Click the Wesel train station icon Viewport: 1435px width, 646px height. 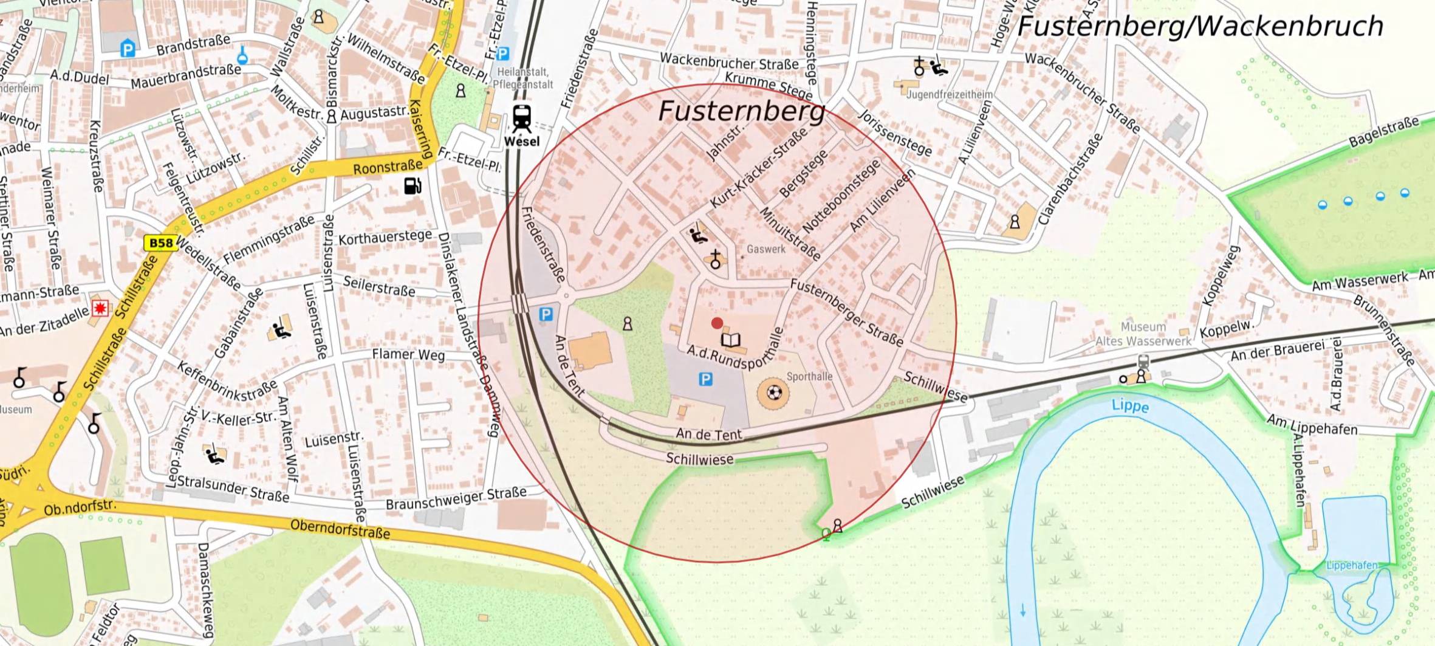pyautogui.click(x=522, y=118)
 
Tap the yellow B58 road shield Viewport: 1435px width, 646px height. pyautogui.click(x=161, y=243)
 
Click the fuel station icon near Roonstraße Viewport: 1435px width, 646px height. pyautogui.click(x=413, y=185)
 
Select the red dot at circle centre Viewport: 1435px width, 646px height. pyautogui.click(x=717, y=323)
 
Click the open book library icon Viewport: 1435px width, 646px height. pyautogui.click(x=731, y=340)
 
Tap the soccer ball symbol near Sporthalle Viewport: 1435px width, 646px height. pyautogui.click(x=773, y=393)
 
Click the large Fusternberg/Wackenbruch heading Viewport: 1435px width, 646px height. pyautogui.click(x=1200, y=27)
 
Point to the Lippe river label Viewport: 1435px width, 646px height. pyautogui.click(x=1130, y=405)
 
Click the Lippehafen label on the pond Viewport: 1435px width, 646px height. pyautogui.click(x=1351, y=565)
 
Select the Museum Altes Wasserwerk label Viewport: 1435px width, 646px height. pyautogui.click(x=1143, y=334)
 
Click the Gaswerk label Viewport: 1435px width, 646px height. pyautogui.click(x=765, y=249)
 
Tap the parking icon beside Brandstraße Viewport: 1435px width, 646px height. pyautogui.click(x=128, y=49)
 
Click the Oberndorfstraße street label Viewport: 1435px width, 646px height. pyautogui.click(x=340, y=528)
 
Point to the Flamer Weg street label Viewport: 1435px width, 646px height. pyautogui.click(x=408, y=354)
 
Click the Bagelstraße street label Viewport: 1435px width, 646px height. pyautogui.click(x=1383, y=132)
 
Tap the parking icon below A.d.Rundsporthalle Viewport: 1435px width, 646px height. pyautogui.click(x=705, y=380)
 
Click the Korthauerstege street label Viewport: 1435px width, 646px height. pyautogui.click(x=385, y=237)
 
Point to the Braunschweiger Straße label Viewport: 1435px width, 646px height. pyautogui.click(x=456, y=498)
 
